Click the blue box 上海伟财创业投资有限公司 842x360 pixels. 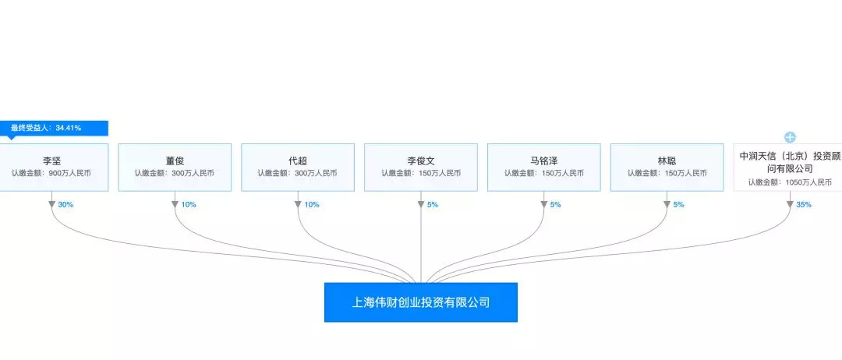pyautogui.click(x=420, y=302)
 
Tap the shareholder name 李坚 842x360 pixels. pyautogui.click(x=51, y=161)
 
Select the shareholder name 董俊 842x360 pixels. pyautogui.click(x=175, y=161)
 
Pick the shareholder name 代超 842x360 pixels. pyautogui.click(x=298, y=161)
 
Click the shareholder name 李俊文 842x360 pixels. pyautogui.click(x=420, y=161)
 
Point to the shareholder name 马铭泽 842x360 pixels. pyautogui.click(x=544, y=161)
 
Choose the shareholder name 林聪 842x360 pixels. pyautogui.click(x=667, y=161)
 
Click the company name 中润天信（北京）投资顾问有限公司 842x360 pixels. pyautogui.click(x=790, y=162)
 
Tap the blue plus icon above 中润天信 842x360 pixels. pyautogui.click(x=790, y=137)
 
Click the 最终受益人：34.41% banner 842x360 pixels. pyautogui.click(x=55, y=129)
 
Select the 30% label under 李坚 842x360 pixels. pyautogui.click(x=65, y=204)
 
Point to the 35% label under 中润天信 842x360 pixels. pyautogui.click(x=804, y=204)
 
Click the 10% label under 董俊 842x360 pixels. pyautogui.click(x=189, y=204)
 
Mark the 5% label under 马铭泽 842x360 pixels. pyautogui.click(x=555, y=204)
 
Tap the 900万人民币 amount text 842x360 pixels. pyautogui.click(x=69, y=173)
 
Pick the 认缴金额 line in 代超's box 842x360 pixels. pyautogui.click(x=298, y=173)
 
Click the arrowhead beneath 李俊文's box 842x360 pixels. pyautogui.click(x=421, y=204)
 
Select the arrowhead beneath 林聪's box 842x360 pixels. pyautogui.click(x=667, y=204)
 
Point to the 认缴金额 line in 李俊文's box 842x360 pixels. pyautogui.click(x=421, y=173)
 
